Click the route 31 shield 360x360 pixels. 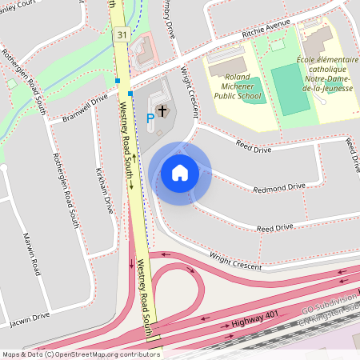[121, 34]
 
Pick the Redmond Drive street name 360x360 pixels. [278, 187]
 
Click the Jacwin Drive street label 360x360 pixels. [30, 321]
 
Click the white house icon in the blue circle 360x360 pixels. [180, 173]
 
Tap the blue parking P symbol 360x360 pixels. [150, 118]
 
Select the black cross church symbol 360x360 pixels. [162, 110]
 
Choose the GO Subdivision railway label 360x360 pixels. [328, 308]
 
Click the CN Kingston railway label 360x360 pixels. [329, 320]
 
